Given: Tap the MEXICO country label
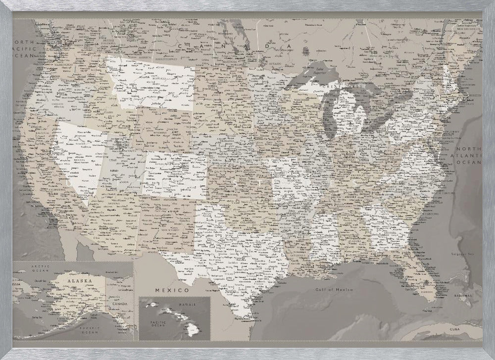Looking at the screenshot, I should (172, 289).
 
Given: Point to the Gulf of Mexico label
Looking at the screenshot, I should (335, 289).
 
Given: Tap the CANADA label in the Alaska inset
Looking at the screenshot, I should (123, 304).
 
